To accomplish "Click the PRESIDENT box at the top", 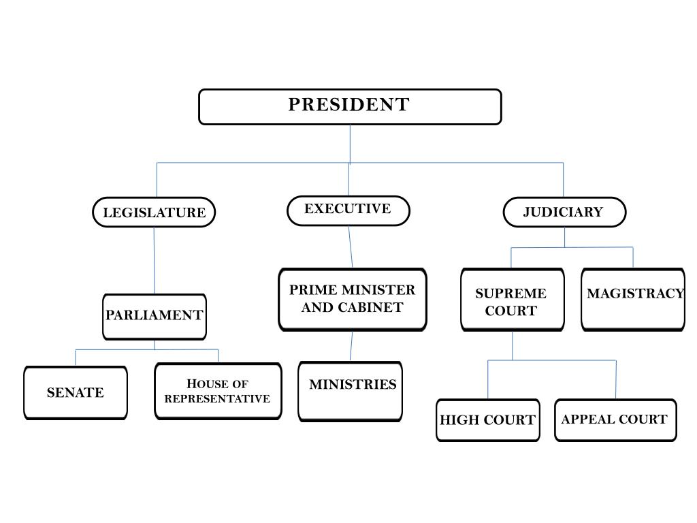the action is tap(350, 107).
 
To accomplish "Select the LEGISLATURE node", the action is tap(154, 212).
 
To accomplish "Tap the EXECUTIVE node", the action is tap(348, 211).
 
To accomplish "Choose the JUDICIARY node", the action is tap(564, 212).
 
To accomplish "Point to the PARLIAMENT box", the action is tap(155, 317).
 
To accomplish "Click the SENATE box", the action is tap(76, 393).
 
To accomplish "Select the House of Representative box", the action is tap(218, 392).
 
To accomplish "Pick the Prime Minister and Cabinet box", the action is tap(353, 300).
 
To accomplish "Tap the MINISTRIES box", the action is tap(351, 392).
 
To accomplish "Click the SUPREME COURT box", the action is tap(513, 300).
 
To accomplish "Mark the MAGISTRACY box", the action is tap(633, 300).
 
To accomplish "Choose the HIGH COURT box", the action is tap(488, 419).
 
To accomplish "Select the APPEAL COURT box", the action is tap(615, 419).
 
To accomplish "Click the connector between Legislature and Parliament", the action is tap(155, 261).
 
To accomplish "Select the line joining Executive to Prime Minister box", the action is tap(351, 247).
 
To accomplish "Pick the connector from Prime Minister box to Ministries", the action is tap(351, 346).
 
